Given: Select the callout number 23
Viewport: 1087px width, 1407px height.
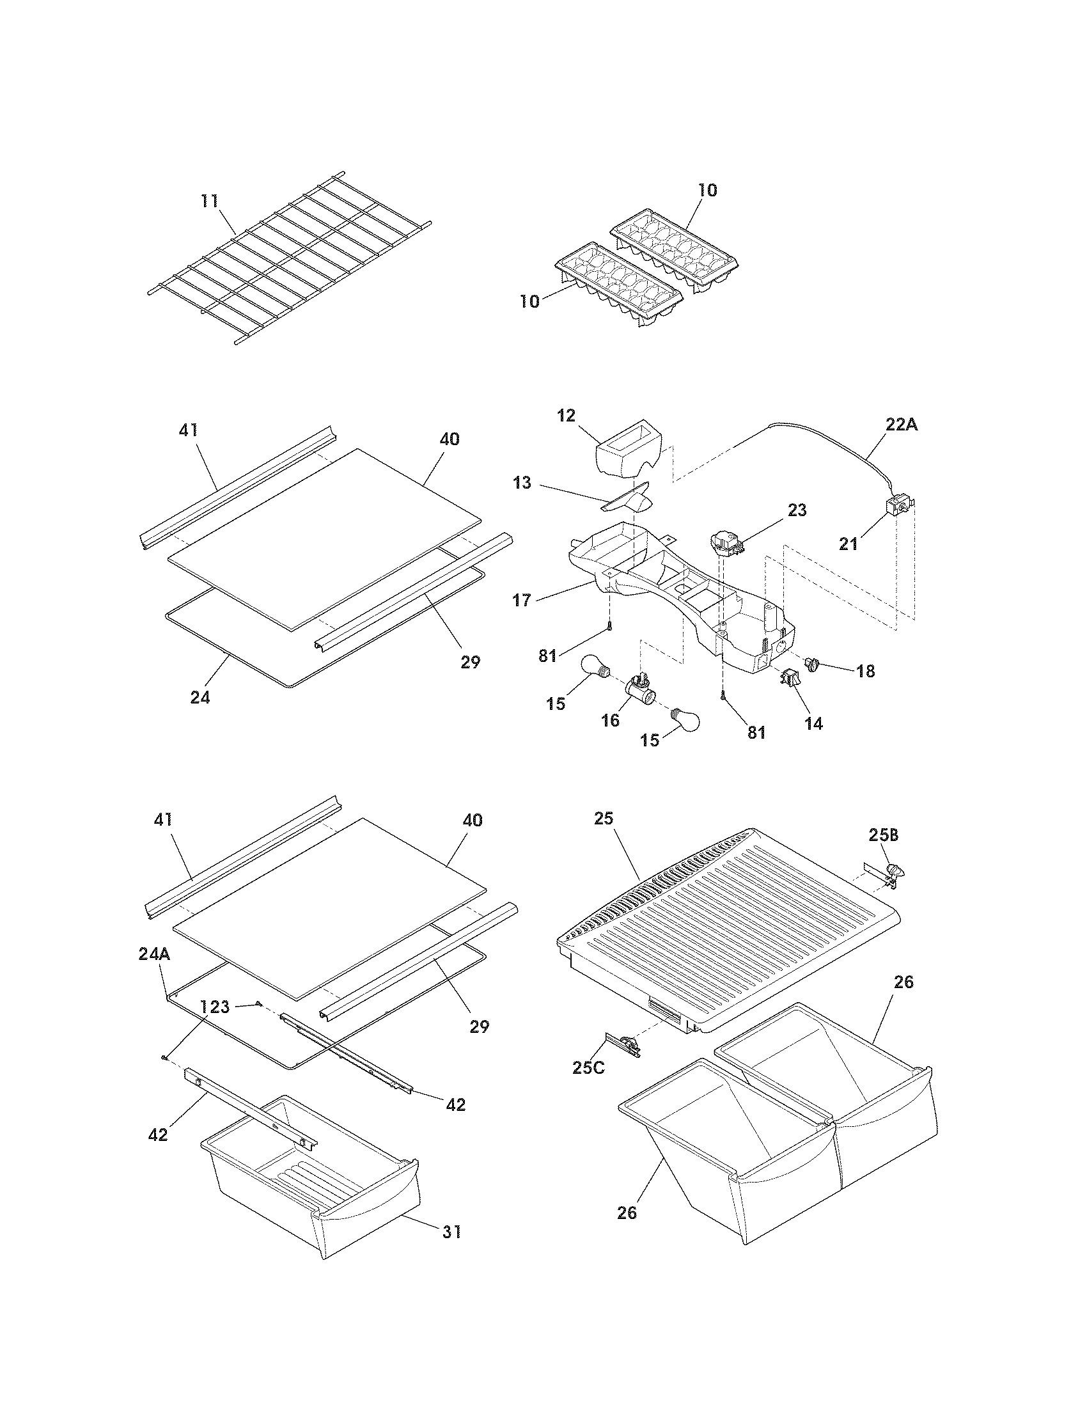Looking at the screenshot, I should click(797, 510).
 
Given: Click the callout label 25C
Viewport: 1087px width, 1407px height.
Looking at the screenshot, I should click(588, 1067).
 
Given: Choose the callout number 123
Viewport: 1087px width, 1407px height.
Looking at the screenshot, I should click(214, 1007).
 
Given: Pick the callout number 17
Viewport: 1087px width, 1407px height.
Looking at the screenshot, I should click(522, 601).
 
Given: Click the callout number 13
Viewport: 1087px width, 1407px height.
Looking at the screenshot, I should click(522, 482).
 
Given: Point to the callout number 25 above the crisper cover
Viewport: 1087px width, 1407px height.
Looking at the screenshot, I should click(604, 819).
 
